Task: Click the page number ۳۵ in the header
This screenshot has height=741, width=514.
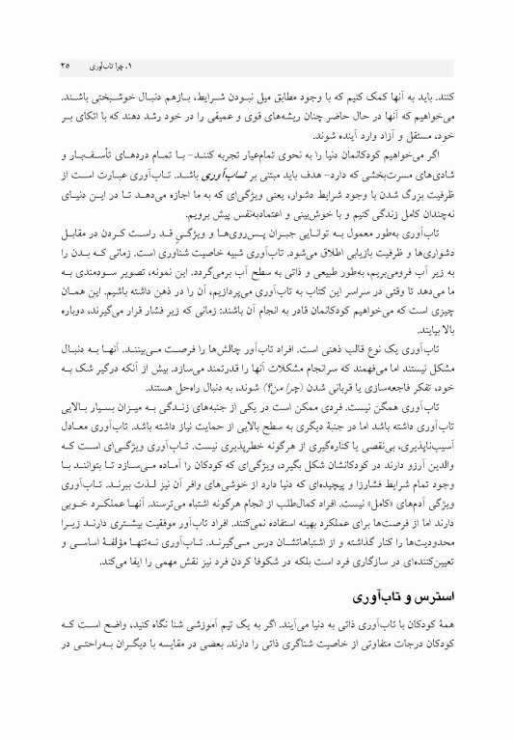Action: point(64,66)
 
